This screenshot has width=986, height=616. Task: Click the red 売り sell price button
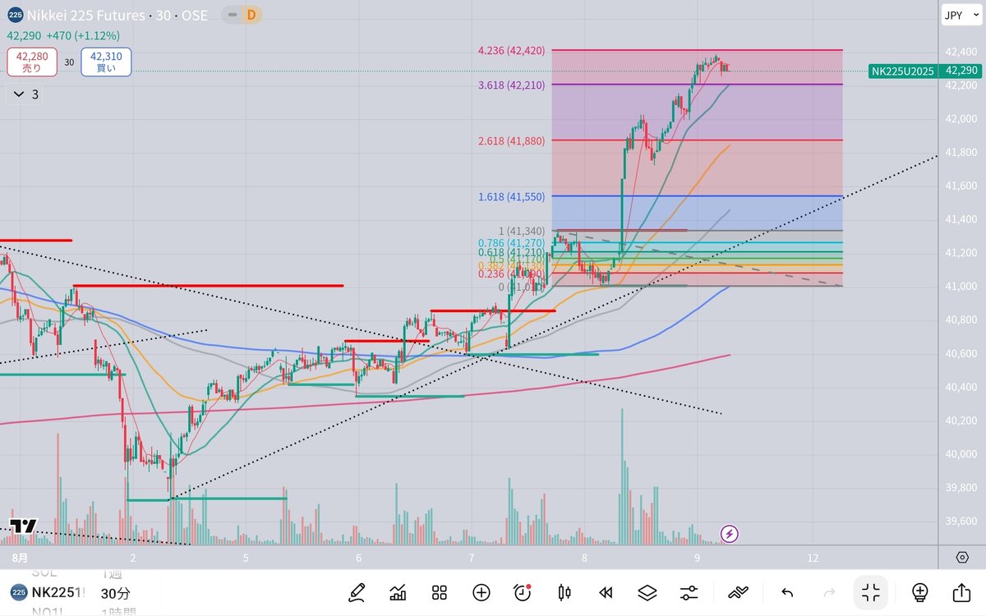click(x=32, y=62)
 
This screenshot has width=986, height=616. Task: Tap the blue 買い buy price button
click(x=106, y=62)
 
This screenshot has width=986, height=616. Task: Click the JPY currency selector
click(x=953, y=15)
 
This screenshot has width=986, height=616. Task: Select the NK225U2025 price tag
click(x=902, y=71)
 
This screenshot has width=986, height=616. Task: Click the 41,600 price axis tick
click(x=961, y=186)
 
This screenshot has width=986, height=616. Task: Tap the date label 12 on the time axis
click(x=813, y=558)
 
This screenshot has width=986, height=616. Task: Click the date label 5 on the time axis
click(x=246, y=558)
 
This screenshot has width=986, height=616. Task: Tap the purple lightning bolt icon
click(x=729, y=535)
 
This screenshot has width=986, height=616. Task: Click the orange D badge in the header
click(x=251, y=15)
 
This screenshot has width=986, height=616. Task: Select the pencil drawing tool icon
click(x=357, y=592)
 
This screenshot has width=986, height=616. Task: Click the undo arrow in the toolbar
click(x=786, y=592)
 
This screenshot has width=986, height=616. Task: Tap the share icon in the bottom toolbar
click(x=961, y=592)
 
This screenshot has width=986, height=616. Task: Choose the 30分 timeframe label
click(x=116, y=593)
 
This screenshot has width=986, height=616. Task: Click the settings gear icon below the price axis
click(x=962, y=558)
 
